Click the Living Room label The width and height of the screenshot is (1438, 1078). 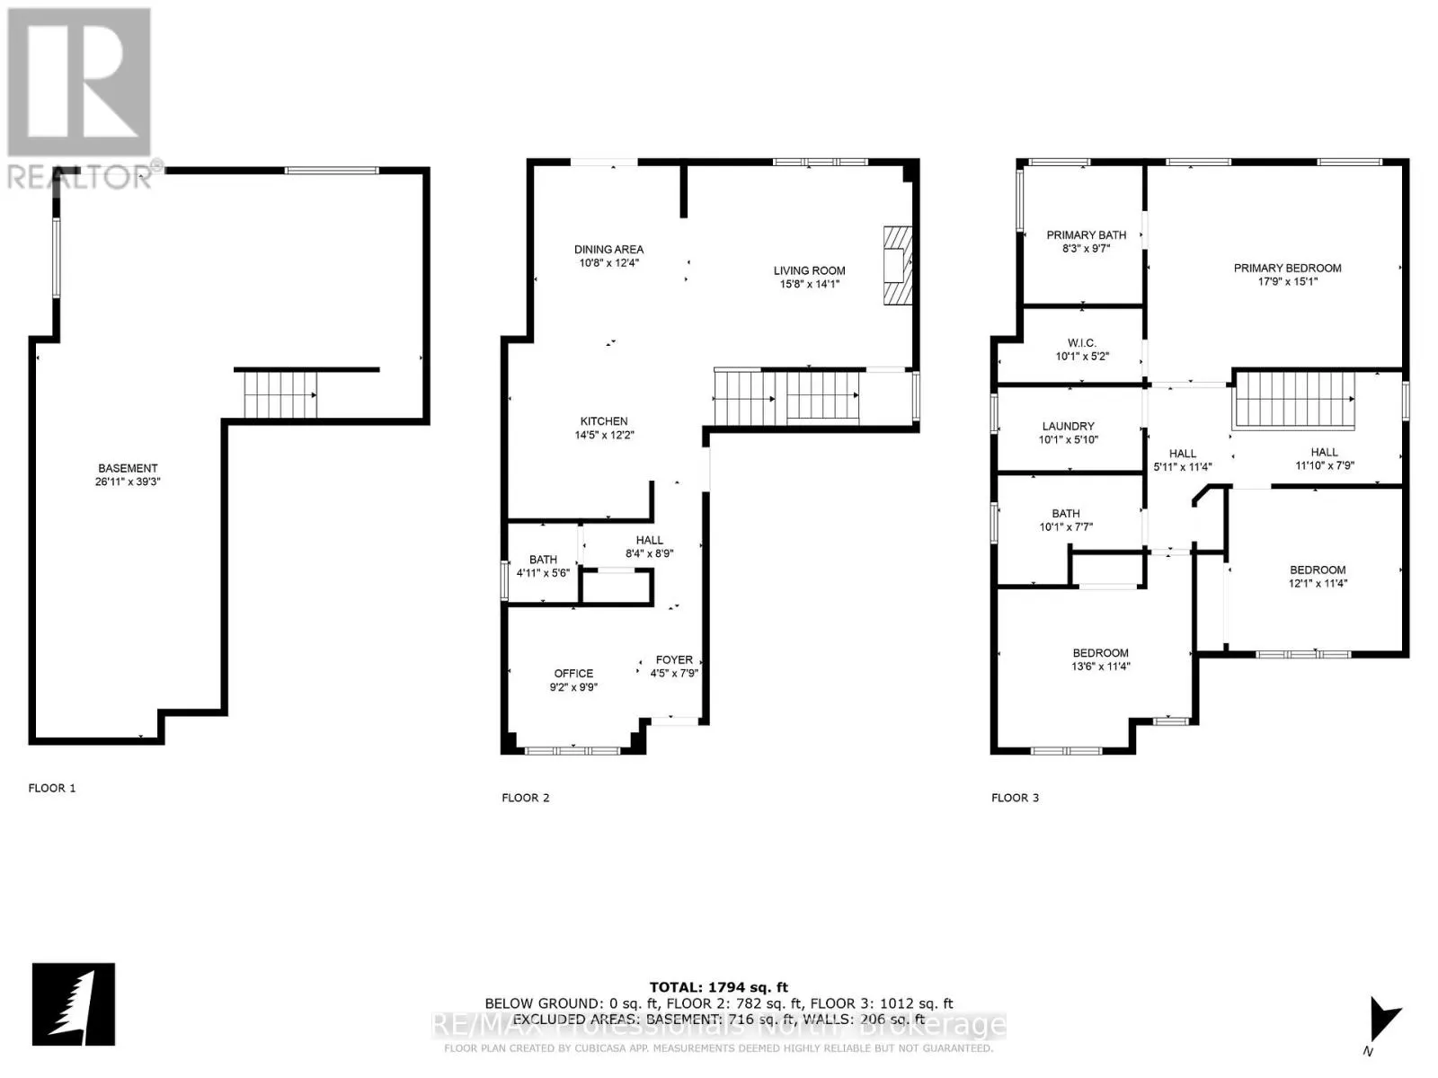(809, 270)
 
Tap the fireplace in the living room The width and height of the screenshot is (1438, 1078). (896, 267)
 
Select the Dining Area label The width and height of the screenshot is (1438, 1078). (608, 250)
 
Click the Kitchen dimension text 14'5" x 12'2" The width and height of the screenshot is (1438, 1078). (604, 436)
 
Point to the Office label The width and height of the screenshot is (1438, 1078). (573, 673)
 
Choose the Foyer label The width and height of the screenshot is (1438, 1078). (674, 659)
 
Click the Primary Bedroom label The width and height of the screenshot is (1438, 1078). (1287, 268)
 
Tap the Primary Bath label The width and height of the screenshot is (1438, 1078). (1086, 235)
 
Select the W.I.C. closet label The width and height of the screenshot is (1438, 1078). (1082, 342)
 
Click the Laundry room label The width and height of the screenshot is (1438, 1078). (1068, 426)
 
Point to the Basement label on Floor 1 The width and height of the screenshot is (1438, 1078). (128, 468)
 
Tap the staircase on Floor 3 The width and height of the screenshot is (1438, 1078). (1294, 400)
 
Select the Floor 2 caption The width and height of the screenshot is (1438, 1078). (525, 798)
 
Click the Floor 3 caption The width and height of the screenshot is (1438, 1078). (1015, 798)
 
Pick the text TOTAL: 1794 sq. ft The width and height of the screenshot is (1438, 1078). (718, 988)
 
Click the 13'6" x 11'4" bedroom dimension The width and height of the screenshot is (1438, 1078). (1100, 667)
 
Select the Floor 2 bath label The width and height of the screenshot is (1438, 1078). (543, 560)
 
